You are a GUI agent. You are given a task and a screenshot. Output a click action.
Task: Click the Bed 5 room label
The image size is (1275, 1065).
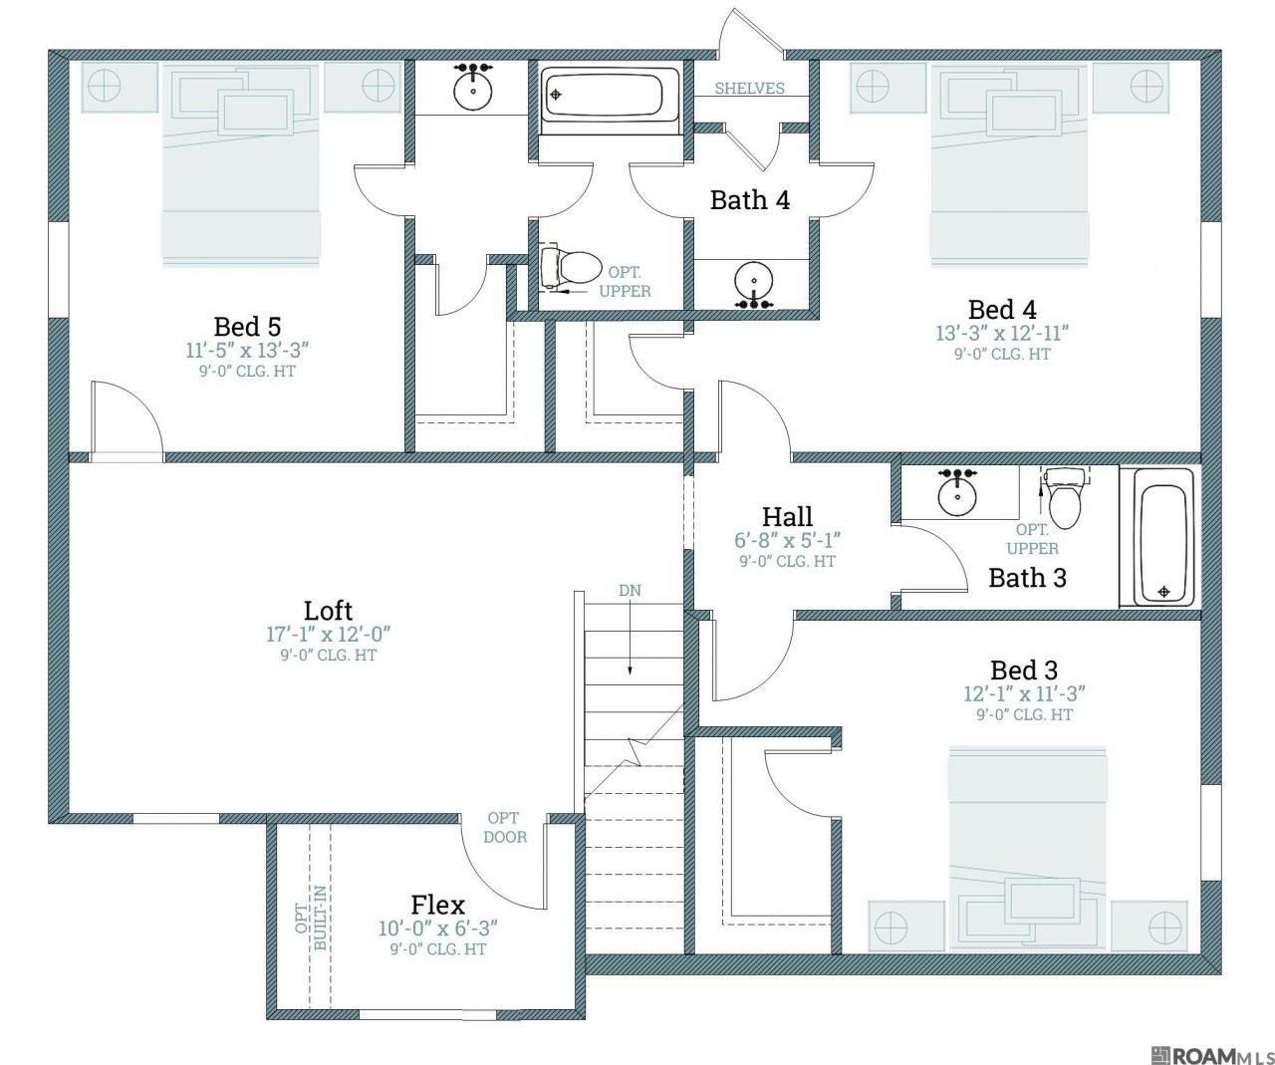[x=247, y=327]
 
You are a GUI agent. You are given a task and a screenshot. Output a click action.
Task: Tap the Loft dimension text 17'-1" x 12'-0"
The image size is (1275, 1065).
[x=328, y=634]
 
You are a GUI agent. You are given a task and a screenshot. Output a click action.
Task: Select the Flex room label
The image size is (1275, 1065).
[x=438, y=905]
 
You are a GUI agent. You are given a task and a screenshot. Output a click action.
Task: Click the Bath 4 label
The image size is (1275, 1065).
[x=750, y=199]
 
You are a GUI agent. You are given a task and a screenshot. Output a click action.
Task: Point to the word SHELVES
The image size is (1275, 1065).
[x=750, y=88]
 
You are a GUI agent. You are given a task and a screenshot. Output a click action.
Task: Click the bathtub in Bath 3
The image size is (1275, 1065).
[x=1159, y=536]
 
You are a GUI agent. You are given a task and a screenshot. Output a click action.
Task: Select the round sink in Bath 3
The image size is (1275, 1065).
[x=957, y=493]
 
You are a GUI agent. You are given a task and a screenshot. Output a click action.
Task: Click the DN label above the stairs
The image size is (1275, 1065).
[x=630, y=590]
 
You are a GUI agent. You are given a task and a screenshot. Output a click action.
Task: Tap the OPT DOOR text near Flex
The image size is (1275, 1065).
[x=504, y=828]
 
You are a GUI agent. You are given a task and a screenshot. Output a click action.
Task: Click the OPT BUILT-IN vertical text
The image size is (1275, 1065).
[x=311, y=918]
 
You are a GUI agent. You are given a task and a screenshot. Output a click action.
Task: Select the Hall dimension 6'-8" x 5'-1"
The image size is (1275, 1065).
[x=787, y=540]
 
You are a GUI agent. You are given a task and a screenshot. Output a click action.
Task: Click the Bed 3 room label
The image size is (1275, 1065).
[x=1024, y=669]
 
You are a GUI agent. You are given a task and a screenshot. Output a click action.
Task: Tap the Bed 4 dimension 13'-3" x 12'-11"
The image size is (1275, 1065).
[x=1002, y=334]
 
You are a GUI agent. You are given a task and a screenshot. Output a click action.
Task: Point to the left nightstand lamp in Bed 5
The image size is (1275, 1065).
[x=105, y=86]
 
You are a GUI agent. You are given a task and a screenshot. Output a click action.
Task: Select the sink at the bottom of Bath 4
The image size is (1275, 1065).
[x=754, y=285]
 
